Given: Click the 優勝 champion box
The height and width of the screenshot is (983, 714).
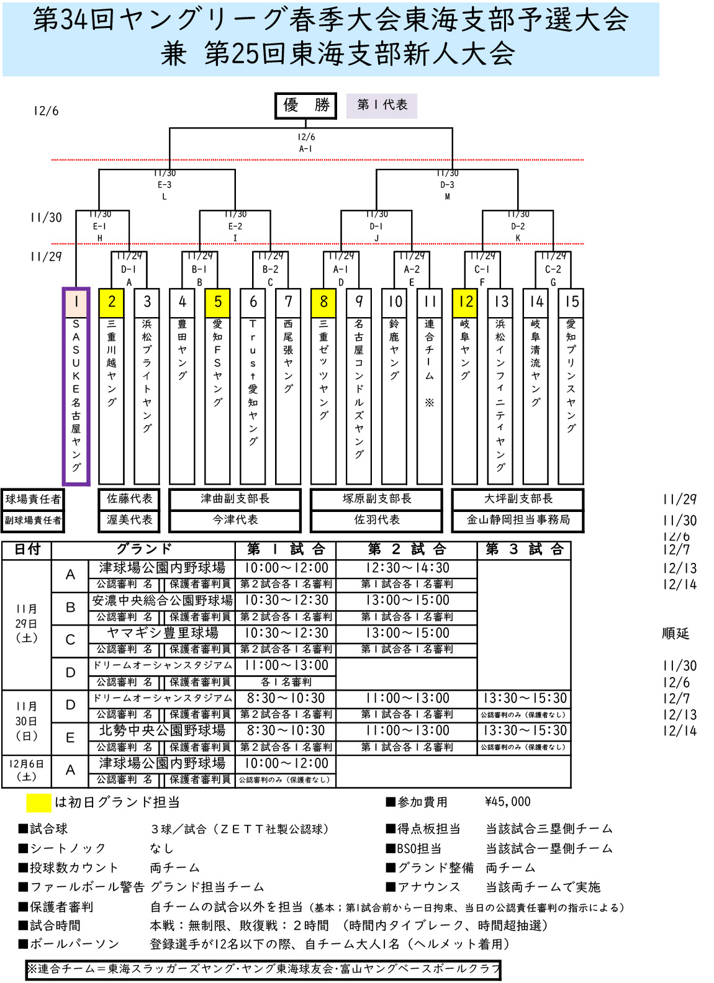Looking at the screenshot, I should (305, 105).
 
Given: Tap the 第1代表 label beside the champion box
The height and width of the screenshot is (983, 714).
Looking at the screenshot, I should (382, 105).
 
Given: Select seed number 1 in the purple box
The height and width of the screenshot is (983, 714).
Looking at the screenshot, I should (76, 302).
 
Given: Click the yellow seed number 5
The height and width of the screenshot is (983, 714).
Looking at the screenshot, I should (217, 302).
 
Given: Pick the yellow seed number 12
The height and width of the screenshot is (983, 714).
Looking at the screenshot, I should (465, 302).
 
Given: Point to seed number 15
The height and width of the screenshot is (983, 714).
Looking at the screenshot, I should (571, 302).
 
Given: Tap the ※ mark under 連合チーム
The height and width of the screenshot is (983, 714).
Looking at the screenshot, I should (430, 403).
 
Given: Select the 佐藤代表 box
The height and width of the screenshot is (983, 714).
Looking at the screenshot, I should (129, 499).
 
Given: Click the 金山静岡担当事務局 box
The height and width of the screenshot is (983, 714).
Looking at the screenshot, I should (518, 520).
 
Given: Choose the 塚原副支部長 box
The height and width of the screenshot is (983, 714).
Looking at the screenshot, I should (376, 499).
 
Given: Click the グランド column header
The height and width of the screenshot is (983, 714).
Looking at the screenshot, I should (143, 549).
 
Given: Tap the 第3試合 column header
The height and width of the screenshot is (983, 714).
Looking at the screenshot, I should (524, 549).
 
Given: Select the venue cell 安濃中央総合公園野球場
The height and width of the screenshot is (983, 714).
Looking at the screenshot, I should (162, 601).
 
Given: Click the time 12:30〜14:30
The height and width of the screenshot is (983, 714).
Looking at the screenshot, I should (407, 568).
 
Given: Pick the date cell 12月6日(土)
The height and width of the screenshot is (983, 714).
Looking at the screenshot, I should (26, 770).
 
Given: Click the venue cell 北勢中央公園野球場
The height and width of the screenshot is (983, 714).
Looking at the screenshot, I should (162, 731).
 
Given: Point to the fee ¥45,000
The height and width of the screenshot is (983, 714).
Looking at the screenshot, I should (507, 802).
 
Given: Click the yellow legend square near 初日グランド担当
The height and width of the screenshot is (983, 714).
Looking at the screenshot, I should (38, 803).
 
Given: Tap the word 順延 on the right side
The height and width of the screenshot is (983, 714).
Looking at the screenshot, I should (676, 634).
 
